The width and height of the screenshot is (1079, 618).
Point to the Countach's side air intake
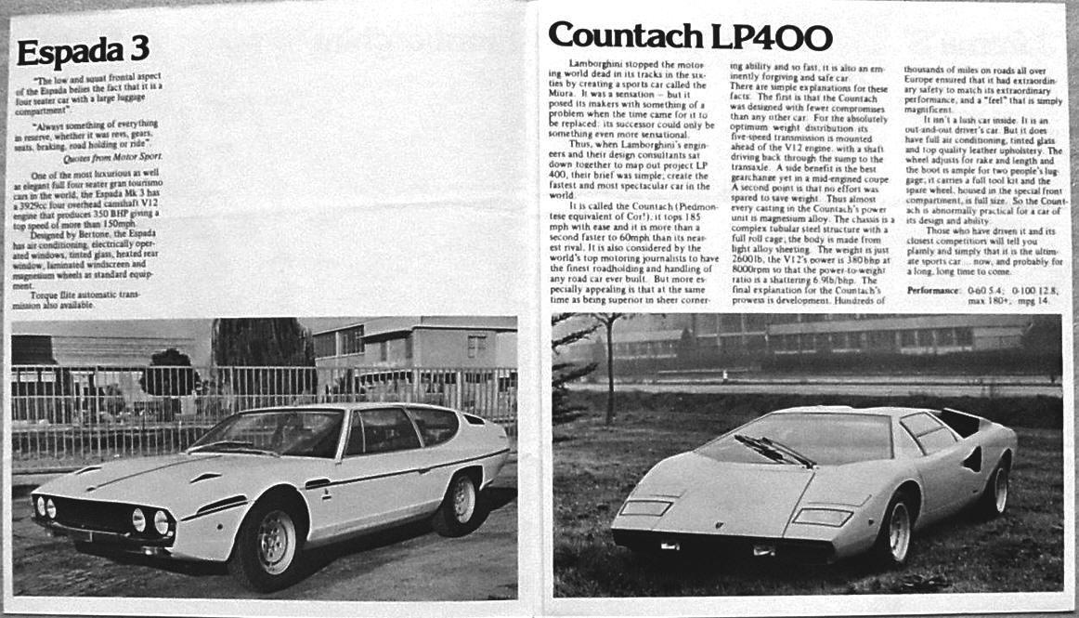point(972,459)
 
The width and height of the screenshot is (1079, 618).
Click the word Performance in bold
point(933,292)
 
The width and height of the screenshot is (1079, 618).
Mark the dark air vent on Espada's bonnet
point(204,477)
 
